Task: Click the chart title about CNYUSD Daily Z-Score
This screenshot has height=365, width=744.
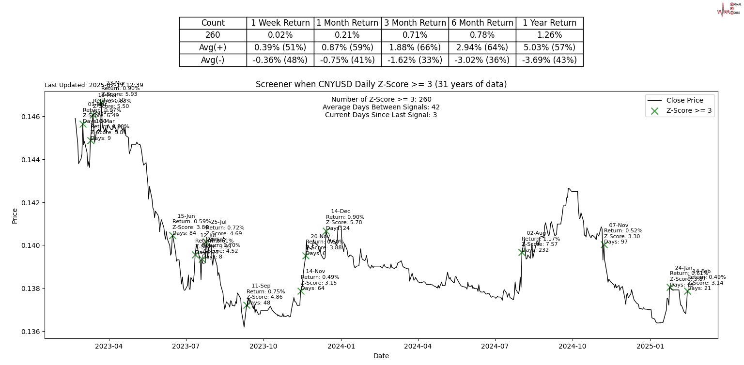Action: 381,85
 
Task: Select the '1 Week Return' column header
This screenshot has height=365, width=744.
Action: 280,23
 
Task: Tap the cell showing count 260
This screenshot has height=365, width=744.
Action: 213,35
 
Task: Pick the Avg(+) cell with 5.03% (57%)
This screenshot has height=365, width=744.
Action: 549,48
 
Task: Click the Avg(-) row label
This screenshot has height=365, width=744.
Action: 213,61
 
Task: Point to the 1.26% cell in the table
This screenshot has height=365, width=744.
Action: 549,35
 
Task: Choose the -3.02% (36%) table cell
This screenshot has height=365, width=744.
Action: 482,61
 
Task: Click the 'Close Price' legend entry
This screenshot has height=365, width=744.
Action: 684,101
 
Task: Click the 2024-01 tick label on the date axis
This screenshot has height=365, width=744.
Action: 341,347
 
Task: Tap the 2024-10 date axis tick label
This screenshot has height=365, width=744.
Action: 573,347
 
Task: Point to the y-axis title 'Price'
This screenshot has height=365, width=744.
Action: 15,215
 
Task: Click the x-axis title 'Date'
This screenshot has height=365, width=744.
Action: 381,356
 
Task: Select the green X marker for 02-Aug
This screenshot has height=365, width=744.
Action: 522,252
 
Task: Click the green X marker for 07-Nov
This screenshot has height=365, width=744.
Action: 604,245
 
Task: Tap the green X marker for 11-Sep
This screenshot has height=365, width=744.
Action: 247,305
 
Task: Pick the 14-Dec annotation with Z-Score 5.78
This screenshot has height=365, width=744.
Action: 345,220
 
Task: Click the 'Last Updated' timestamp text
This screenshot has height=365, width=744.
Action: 94,85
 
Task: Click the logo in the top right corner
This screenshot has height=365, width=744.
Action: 728,9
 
